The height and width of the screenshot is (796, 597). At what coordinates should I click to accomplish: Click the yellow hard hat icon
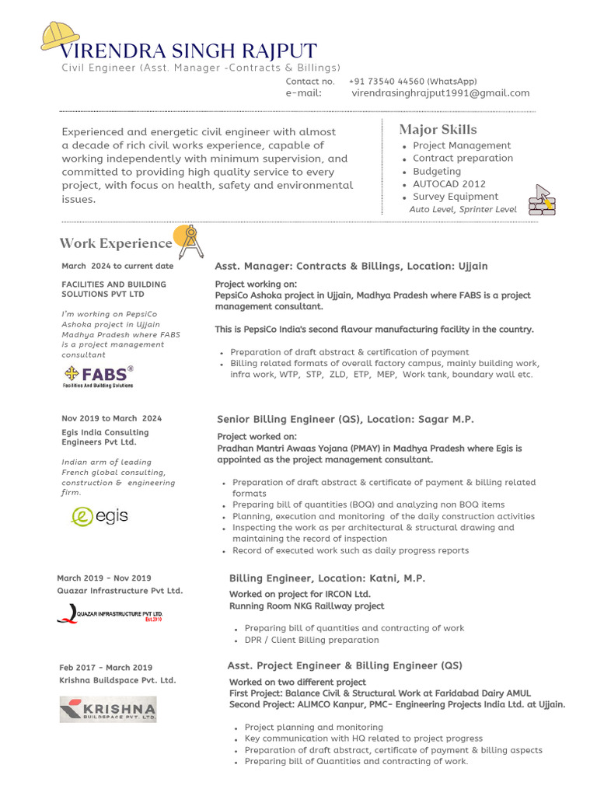[x=59, y=36]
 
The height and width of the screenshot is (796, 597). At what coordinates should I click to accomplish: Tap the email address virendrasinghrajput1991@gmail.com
[x=440, y=93]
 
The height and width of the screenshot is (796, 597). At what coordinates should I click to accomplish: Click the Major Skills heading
[x=438, y=130]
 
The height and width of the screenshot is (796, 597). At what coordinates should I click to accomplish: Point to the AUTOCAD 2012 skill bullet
[x=449, y=184]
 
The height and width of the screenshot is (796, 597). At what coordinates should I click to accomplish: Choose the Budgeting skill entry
[x=436, y=171]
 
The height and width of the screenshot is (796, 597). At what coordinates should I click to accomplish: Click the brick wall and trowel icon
[x=542, y=200]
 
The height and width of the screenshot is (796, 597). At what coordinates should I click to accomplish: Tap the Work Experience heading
[x=115, y=243]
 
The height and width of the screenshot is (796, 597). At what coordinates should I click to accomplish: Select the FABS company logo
[x=99, y=375]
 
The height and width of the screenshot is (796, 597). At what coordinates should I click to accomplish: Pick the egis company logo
[x=99, y=516]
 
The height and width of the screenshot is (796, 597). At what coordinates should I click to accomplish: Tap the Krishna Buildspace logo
[x=108, y=709]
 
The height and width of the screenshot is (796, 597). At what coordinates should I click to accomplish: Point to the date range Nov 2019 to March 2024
[x=111, y=418]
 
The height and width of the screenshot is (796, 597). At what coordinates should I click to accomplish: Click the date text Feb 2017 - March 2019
[x=106, y=668]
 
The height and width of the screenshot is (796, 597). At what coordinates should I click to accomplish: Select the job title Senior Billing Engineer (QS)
[x=288, y=420]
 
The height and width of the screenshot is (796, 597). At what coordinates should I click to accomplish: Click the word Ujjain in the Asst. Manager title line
[x=470, y=267]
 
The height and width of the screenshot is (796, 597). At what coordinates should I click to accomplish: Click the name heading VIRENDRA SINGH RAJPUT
[x=188, y=52]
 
